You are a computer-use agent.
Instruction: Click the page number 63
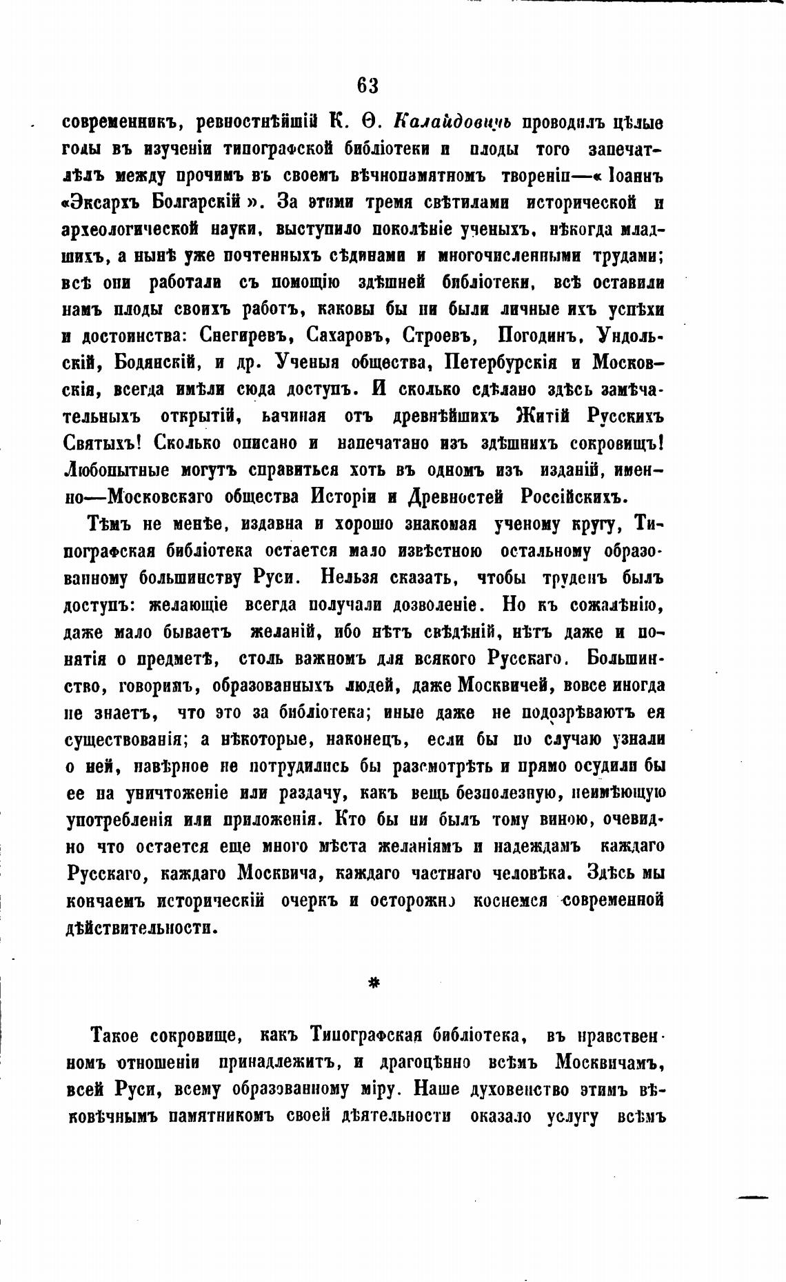(x=367, y=86)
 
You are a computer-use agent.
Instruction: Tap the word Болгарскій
(x=195, y=202)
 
